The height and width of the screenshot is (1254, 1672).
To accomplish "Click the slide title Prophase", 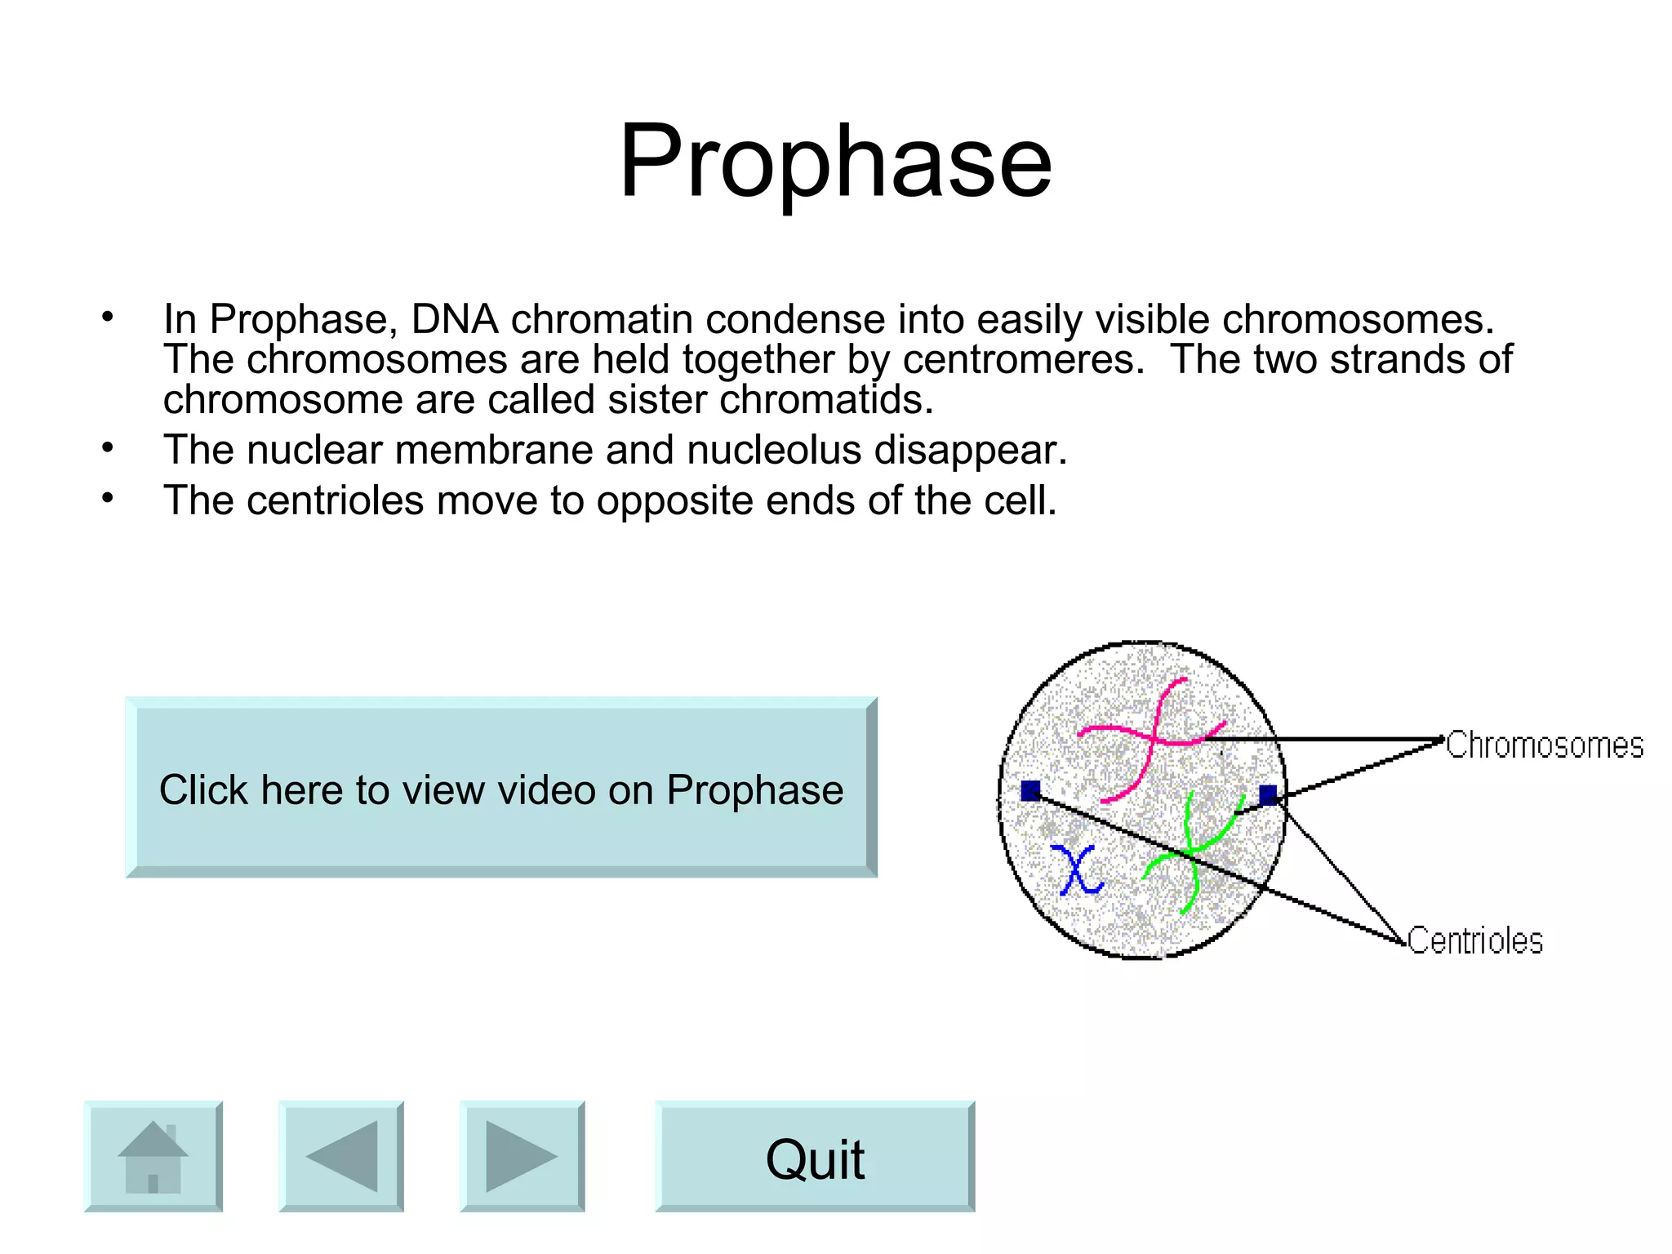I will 835,161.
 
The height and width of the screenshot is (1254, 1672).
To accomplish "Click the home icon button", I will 153,1156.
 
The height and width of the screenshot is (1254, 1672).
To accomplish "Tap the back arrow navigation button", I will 341,1156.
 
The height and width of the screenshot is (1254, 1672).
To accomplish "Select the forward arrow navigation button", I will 522,1156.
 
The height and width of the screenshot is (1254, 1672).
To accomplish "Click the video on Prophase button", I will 501,789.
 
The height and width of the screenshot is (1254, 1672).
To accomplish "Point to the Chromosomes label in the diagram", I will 1544,745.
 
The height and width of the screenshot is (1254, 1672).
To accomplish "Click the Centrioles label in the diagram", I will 1474,940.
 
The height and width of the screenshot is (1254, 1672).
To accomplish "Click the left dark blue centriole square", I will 1031,790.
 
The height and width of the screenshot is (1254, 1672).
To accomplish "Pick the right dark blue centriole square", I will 1268,795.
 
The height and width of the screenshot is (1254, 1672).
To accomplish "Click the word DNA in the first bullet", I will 455,319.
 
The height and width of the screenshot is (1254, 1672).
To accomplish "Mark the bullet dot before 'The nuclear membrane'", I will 108,448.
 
